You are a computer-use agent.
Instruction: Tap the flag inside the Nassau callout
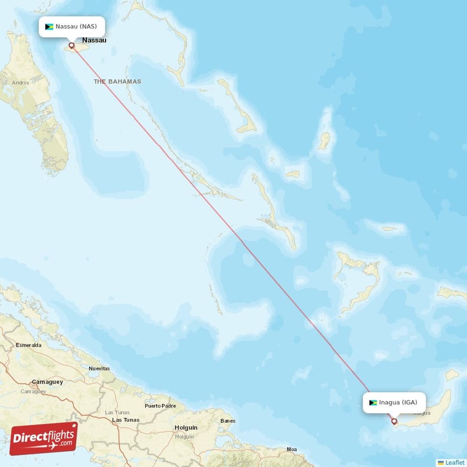click(49, 27)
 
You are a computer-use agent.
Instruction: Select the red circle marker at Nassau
click(72, 45)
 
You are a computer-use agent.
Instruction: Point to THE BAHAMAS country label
click(117, 82)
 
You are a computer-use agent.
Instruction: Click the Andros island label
click(20, 83)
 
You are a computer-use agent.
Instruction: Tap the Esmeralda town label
click(29, 345)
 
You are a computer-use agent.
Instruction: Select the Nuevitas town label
click(99, 368)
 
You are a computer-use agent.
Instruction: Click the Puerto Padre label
click(160, 406)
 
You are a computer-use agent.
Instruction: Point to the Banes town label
click(227, 420)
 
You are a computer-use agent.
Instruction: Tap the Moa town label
click(292, 449)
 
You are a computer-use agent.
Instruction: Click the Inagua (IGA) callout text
click(398, 402)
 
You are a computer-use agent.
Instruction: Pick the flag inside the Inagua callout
click(373, 402)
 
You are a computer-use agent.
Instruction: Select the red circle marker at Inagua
click(394, 421)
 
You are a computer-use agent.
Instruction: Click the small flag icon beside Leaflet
click(441, 462)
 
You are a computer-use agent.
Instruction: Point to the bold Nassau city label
click(95, 40)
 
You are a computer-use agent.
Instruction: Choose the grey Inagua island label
click(422, 413)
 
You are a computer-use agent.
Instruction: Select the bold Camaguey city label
click(47, 382)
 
